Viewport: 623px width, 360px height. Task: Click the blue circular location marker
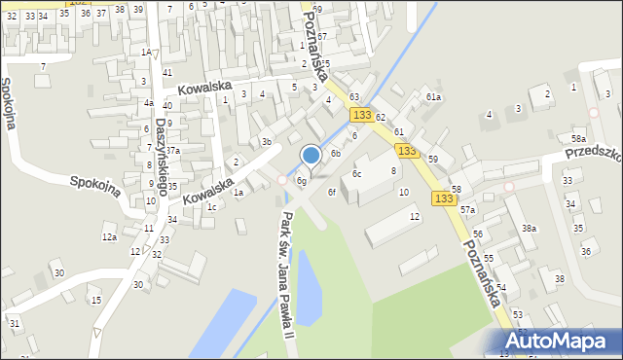(x=311, y=155)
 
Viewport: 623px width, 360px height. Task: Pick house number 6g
(x=302, y=181)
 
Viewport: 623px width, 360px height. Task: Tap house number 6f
(x=332, y=192)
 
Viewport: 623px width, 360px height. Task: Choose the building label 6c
(x=357, y=174)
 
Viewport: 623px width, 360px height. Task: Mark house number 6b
(x=335, y=153)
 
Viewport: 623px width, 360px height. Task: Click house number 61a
(x=433, y=97)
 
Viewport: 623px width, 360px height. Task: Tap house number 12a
(x=109, y=237)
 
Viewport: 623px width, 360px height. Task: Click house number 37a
(x=172, y=151)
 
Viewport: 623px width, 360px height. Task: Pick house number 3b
(x=266, y=142)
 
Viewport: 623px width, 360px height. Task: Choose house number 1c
(x=211, y=206)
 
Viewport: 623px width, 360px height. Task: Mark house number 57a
(x=468, y=210)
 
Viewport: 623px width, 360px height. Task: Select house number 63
(x=354, y=97)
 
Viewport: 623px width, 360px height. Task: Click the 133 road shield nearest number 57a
(x=444, y=198)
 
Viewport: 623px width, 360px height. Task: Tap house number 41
(x=167, y=73)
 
